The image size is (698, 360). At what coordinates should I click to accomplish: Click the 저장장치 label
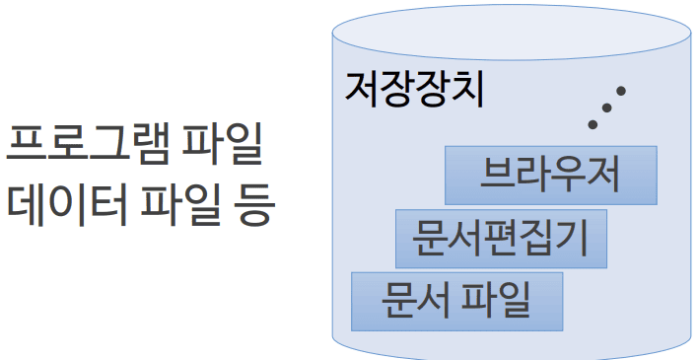414,88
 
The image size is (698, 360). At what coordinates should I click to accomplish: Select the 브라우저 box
550,175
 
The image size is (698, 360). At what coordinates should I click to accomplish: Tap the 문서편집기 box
500,238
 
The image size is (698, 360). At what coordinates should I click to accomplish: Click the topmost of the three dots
621,92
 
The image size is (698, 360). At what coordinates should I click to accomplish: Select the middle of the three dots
607,108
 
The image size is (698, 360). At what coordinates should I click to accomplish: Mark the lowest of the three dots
593,124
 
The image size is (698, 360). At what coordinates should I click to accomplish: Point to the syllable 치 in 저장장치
467,88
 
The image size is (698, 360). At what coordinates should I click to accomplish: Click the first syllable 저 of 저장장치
362,88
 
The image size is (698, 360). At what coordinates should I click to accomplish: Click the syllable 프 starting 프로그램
25,147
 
